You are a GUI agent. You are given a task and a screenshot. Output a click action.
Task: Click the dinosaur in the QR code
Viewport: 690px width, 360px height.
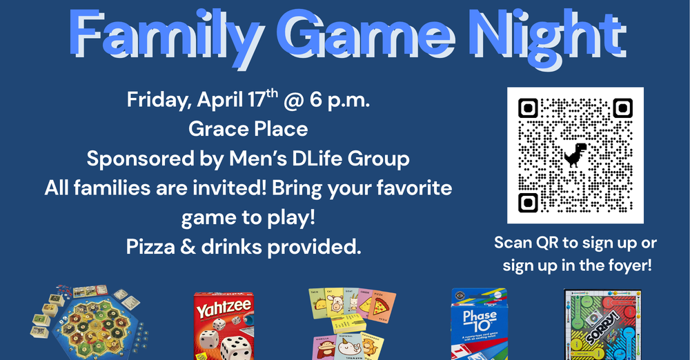pyautogui.click(x=575, y=155)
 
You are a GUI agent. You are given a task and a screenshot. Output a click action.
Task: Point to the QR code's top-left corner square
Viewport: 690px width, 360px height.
pyautogui.click(x=528, y=108)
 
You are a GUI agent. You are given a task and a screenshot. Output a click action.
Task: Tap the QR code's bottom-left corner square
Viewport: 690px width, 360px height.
pyautogui.click(x=528, y=203)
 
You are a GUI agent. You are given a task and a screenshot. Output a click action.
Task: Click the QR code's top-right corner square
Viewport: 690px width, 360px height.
pyautogui.click(x=623, y=108)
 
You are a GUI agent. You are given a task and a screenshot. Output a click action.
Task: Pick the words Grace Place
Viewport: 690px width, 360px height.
pyautogui.click(x=248, y=129)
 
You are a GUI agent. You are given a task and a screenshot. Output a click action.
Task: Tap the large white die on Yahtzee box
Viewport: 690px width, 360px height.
pyautogui.click(x=235, y=346)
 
